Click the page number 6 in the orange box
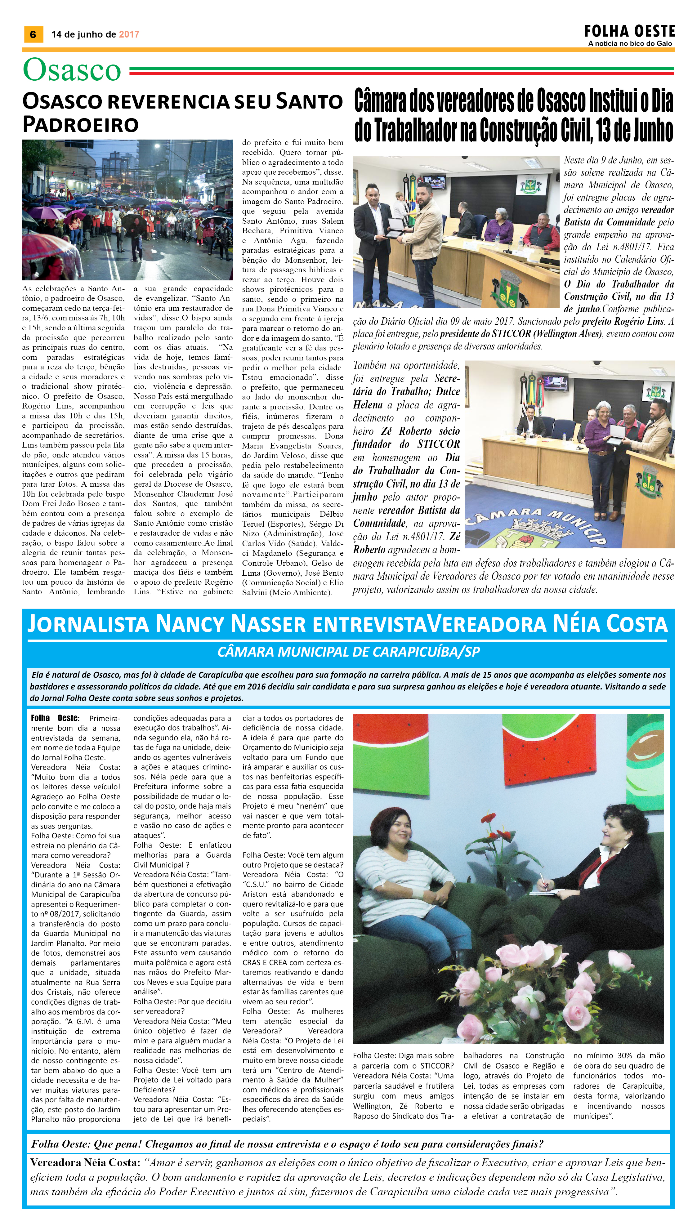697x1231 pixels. coord(33,34)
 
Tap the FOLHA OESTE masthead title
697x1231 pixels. coord(629,32)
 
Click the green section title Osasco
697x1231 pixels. coord(72,70)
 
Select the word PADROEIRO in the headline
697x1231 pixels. coord(80,124)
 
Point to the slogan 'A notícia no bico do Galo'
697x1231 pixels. coord(630,43)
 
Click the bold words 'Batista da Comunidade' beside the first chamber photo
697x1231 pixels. coord(609,222)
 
